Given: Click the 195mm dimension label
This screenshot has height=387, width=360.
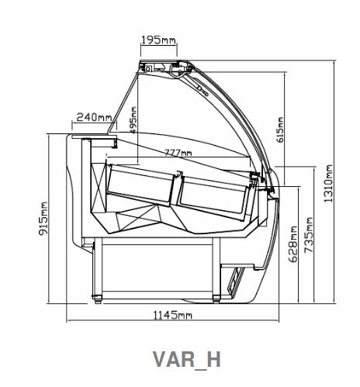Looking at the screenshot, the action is click(158, 40).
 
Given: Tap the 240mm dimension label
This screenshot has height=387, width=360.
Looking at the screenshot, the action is click(95, 117).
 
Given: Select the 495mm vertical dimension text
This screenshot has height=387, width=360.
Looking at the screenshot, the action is click(133, 120).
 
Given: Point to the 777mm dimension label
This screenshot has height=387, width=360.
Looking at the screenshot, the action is click(178, 153).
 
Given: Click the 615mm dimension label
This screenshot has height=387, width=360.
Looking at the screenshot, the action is click(280, 130).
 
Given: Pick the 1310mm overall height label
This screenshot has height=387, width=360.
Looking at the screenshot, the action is click(328, 183).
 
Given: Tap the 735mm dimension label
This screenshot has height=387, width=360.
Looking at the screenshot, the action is click(309, 235).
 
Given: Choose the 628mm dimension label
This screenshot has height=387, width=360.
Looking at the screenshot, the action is click(293, 244).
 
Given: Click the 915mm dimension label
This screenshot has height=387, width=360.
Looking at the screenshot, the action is click(43, 219).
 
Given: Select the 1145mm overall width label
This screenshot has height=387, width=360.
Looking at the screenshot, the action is click(173, 315).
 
